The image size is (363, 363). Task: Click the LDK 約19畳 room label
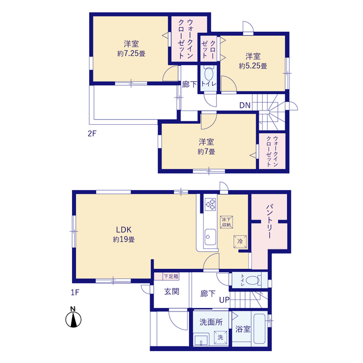pos(124,234)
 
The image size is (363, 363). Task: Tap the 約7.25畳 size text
pos(131,53)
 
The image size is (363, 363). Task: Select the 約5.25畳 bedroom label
pos(253,61)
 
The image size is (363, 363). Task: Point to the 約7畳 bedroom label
pos(206,146)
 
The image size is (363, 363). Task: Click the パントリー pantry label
pos(269,221)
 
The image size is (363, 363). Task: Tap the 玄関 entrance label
pos(171,292)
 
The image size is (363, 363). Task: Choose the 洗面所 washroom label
pos(211,322)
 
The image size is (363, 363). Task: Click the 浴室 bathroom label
pos(243,329)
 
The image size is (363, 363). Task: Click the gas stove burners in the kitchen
pos(210,204)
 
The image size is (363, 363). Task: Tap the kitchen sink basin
pos(210,237)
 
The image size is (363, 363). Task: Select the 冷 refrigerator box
pos(240,242)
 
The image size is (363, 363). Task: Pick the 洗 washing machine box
pos(220,337)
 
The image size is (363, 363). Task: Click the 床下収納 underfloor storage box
pos(226,222)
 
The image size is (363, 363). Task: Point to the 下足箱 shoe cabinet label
pos(171,276)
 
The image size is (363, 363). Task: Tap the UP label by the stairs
pos(224,300)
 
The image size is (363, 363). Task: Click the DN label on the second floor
pos(244,105)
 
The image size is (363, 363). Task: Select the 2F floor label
pos(92,134)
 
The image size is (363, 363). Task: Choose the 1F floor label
pos(75,293)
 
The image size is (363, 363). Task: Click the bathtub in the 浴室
pos(259,329)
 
